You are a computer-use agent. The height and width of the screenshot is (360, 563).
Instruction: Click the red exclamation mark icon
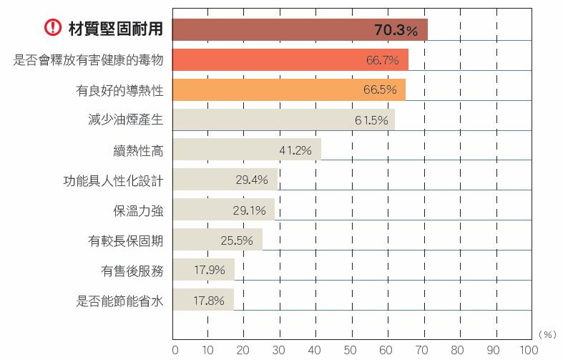click(53, 29)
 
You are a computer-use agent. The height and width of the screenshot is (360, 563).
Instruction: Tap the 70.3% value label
click(396, 30)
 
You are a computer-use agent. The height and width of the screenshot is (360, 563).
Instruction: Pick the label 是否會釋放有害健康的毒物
click(89, 60)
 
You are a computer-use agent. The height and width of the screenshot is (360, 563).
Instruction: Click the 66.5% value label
click(381, 90)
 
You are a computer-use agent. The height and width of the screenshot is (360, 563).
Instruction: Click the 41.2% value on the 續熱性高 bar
click(295, 150)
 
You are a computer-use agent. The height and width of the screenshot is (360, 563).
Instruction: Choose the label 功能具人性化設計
click(113, 180)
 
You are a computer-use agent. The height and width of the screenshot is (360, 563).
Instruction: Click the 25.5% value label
click(237, 240)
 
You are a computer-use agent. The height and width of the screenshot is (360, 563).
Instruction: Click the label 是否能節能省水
click(119, 301)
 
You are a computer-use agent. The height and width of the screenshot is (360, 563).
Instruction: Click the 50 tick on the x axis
click(351, 350)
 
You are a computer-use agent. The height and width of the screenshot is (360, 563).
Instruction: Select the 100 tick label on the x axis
click(529, 350)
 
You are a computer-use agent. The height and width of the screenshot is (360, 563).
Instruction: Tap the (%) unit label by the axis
click(547, 334)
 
